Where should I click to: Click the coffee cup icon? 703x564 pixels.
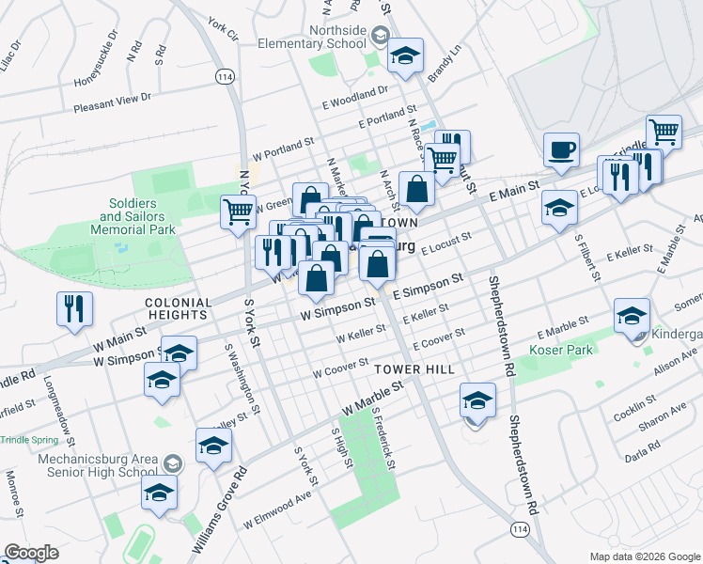(561, 150)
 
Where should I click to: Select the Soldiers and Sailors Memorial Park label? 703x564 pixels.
(138, 216)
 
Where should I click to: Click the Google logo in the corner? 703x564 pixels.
(32, 553)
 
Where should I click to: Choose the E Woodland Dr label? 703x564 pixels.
(354, 92)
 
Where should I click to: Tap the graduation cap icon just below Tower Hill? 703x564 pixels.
(477, 401)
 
